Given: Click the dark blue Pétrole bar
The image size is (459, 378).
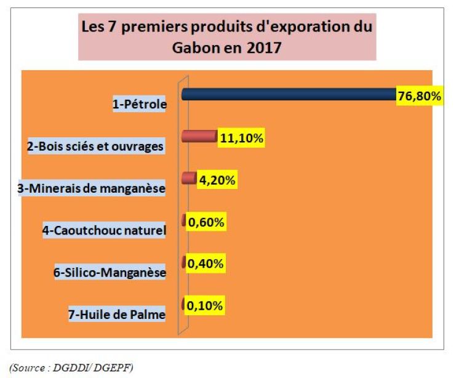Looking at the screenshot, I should point(289,95).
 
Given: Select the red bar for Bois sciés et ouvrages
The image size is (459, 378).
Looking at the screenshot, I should point(198,137).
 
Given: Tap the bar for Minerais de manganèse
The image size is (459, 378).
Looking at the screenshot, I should point(189,179).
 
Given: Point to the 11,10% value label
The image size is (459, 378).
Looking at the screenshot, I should point(242,139).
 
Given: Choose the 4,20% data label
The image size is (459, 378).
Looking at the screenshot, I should point(217,181).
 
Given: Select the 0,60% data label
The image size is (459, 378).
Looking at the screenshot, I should point(205,223).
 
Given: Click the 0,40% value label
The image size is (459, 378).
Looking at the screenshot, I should point(205,263).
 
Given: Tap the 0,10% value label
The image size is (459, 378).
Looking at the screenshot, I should point(205,305).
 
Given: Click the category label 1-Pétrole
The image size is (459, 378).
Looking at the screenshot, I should point(140,105).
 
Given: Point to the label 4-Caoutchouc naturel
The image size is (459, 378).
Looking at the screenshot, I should point(105,231).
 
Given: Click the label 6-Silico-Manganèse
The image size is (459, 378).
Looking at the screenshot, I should point(110,273).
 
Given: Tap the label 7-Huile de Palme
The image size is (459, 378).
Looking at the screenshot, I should point(117,315).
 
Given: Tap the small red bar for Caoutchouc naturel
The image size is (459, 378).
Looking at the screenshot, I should point(183,220).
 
